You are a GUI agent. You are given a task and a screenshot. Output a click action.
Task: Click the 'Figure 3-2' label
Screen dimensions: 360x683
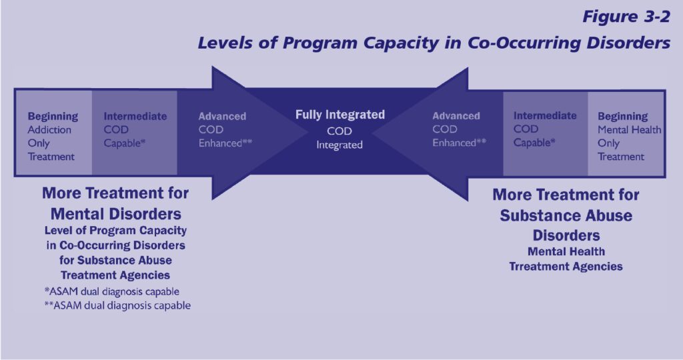tap(626, 17)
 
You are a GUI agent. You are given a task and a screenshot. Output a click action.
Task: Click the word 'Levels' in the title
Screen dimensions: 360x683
tap(223, 43)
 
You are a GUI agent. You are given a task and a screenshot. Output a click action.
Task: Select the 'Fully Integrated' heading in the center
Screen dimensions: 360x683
tap(340, 115)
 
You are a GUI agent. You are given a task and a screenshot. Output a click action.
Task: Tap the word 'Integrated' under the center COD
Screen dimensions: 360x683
tap(339, 145)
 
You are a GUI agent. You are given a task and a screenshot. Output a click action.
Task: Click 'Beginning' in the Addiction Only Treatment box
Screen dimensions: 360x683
tap(53, 116)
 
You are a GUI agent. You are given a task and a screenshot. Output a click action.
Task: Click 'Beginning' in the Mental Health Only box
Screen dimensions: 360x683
tap(622, 116)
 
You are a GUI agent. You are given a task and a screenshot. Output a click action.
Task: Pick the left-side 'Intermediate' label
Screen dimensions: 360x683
tap(135, 116)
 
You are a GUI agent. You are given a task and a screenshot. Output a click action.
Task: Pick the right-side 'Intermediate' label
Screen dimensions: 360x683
tap(545, 115)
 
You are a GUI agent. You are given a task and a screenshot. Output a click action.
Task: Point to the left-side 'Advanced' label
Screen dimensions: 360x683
tap(222, 116)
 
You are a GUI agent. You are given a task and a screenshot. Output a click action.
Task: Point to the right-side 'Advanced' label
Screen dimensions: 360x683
tap(456, 116)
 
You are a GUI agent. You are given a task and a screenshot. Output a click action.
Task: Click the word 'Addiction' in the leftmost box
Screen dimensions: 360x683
tap(50, 129)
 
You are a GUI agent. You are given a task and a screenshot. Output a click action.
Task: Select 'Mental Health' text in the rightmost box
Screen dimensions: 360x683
tap(629, 129)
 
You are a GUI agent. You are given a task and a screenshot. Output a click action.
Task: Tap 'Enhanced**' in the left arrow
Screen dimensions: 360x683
tap(225, 143)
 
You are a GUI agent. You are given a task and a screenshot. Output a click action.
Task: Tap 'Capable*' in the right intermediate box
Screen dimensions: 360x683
tap(534, 142)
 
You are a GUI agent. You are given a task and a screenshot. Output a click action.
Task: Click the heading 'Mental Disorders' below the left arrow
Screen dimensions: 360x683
tap(115, 215)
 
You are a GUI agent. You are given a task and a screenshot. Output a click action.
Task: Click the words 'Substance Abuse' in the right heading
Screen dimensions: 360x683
tap(566, 216)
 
